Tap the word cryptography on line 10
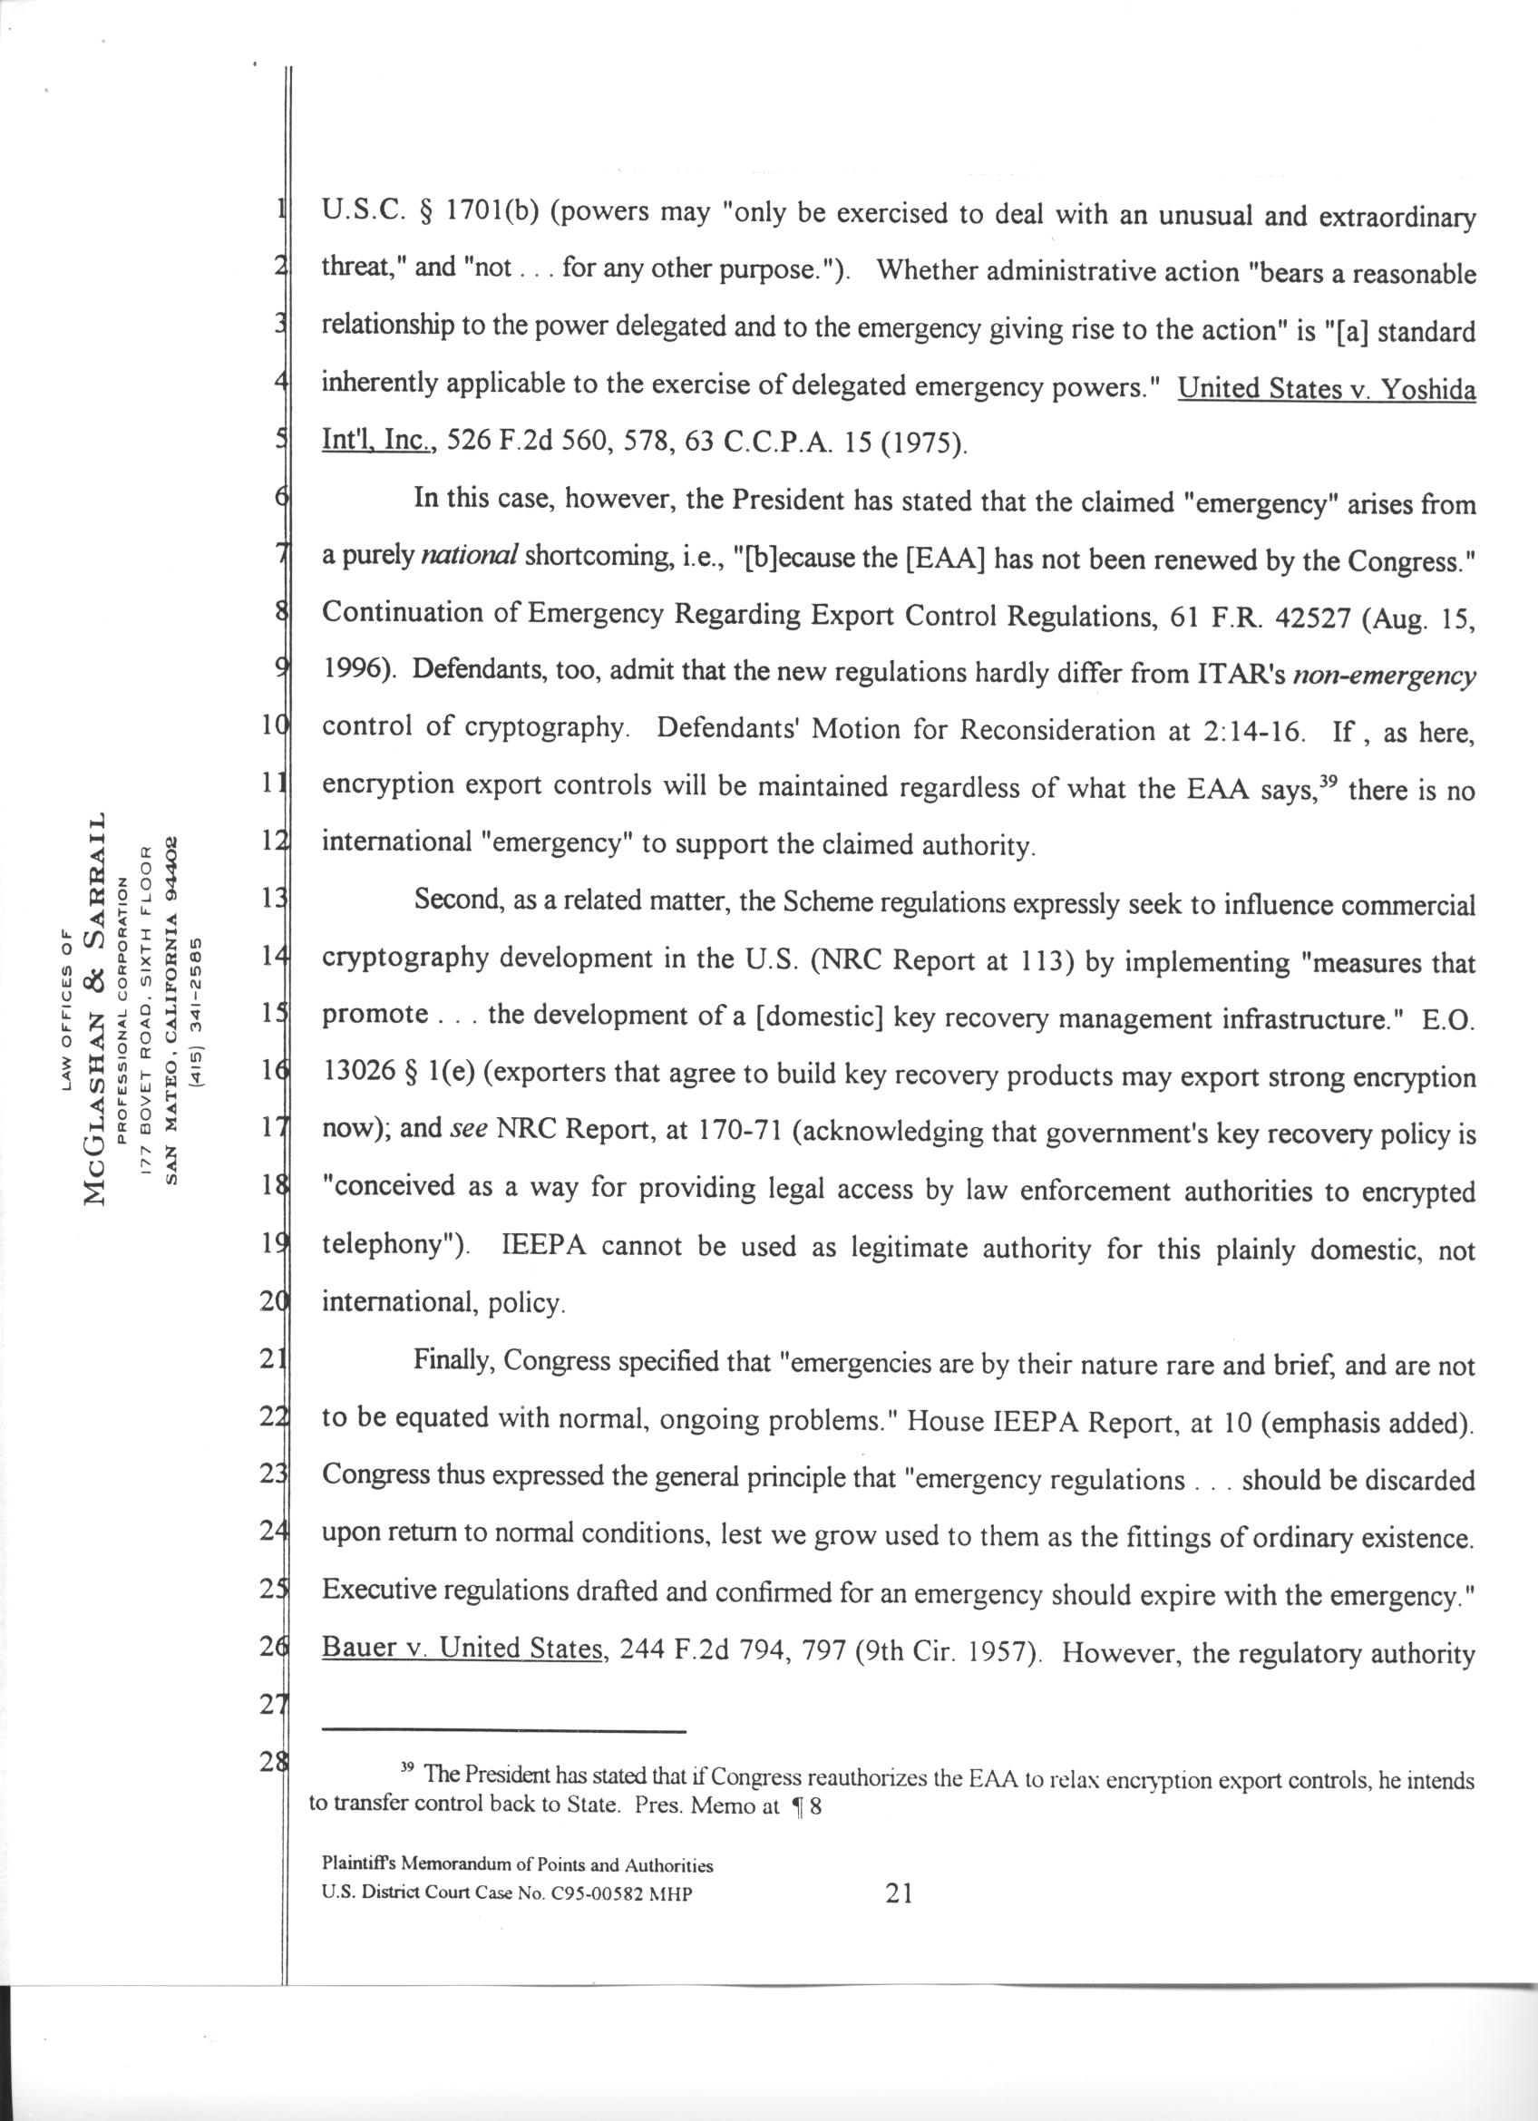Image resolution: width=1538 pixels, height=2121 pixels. [x=543, y=730]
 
